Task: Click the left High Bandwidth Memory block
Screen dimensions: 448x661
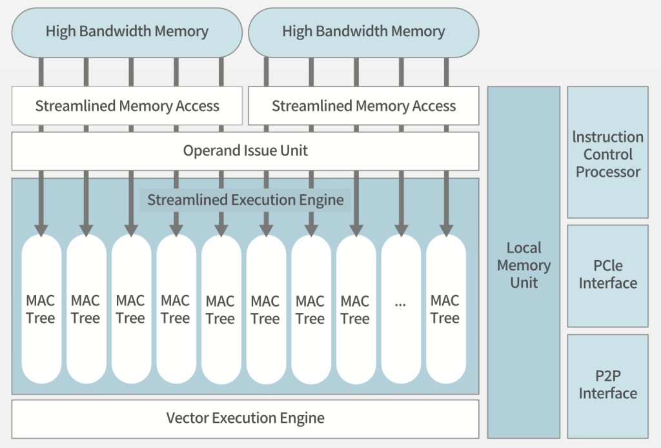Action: [127, 32]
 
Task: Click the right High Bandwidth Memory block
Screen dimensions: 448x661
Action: [363, 32]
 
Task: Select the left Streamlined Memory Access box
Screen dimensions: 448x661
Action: [127, 106]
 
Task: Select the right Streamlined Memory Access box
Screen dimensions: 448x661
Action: [363, 106]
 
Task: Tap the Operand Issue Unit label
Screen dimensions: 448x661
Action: [245, 151]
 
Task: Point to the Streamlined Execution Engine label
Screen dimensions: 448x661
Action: [245, 200]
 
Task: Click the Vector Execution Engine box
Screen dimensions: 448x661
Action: [245, 418]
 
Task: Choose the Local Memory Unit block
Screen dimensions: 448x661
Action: [524, 265]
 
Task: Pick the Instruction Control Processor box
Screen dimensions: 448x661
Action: [607, 155]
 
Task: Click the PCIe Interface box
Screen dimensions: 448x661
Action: [607, 275]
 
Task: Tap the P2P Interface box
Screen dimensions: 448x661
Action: [607, 385]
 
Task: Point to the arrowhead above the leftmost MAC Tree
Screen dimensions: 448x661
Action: [41, 229]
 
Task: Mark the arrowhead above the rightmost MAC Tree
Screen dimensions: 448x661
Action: [445, 229]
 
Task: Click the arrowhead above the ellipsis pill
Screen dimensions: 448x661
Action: [400, 229]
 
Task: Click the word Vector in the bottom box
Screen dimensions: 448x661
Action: [187, 418]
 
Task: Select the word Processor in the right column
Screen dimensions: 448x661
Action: [608, 172]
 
